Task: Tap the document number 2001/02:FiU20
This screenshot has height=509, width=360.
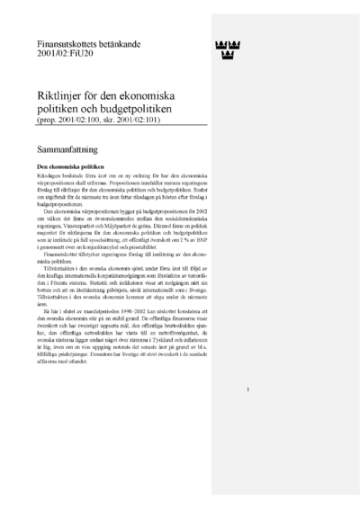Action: [65, 54]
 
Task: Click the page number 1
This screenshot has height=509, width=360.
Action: [247, 415]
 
